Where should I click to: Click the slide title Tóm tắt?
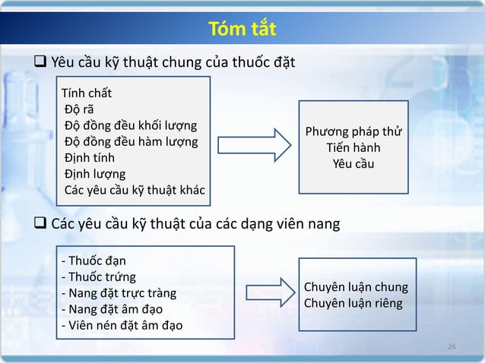coord(242,30)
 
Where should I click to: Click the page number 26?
coord(452,347)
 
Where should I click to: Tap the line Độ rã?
coord(78,110)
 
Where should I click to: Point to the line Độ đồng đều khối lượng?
coord(130,125)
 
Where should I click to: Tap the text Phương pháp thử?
coord(353,133)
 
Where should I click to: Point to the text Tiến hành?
coord(353,148)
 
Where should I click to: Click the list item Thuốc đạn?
coord(93,261)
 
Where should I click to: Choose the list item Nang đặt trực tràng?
coord(118,293)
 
